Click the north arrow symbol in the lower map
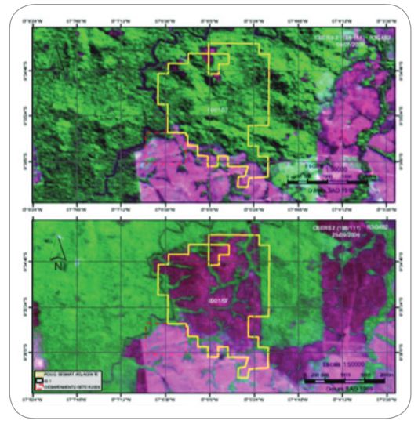(57, 254)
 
